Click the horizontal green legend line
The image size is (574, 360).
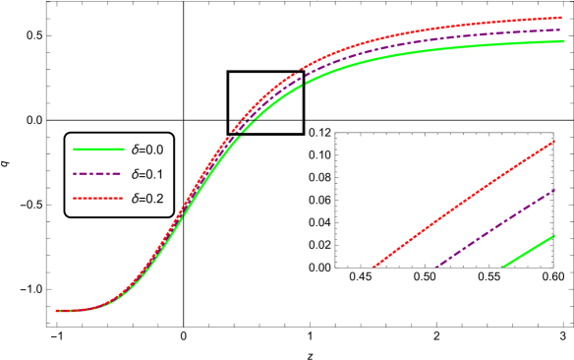point(99,150)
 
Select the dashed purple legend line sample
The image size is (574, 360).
point(97,174)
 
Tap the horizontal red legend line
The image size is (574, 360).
point(98,199)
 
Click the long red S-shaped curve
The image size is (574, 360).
point(393,35)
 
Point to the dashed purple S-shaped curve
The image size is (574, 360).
point(393,48)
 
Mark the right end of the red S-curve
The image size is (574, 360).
point(561,18)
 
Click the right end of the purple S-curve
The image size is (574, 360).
point(561,30)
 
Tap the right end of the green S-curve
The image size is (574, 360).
point(563,41)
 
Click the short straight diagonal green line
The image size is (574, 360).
point(529,251)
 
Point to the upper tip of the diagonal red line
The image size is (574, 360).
point(555,141)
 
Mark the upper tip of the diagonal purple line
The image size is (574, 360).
point(555,190)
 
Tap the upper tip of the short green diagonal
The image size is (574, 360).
point(555,235)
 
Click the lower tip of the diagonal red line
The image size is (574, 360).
point(374,267)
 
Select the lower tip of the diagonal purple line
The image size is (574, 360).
point(435,267)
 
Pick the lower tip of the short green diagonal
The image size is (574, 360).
point(503,267)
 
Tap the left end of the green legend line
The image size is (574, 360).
point(75,150)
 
